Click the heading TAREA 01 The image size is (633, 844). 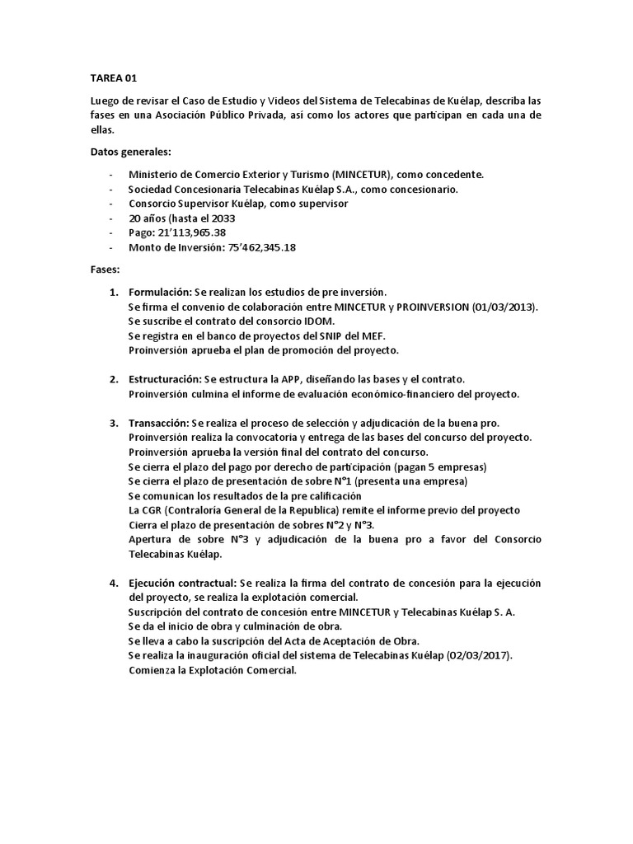(x=114, y=78)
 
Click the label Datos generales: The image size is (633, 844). (x=129, y=152)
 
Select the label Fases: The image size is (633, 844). (x=105, y=270)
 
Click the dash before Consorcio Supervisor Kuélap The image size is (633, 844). (x=111, y=204)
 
